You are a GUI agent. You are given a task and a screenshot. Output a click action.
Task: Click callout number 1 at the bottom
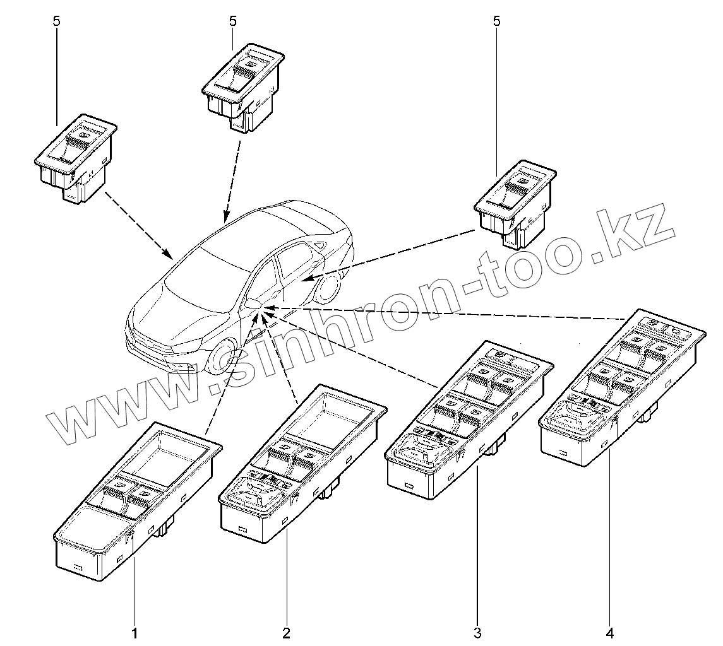(134, 632)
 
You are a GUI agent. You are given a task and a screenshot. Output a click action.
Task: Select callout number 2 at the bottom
(286, 632)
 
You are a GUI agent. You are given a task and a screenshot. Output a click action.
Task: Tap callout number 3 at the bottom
(477, 632)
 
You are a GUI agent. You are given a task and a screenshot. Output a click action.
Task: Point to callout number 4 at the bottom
(610, 632)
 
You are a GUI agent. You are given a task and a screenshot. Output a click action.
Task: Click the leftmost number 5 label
(57, 21)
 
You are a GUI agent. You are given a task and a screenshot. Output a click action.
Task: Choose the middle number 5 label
(232, 21)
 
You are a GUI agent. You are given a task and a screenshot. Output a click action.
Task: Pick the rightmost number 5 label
(496, 21)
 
